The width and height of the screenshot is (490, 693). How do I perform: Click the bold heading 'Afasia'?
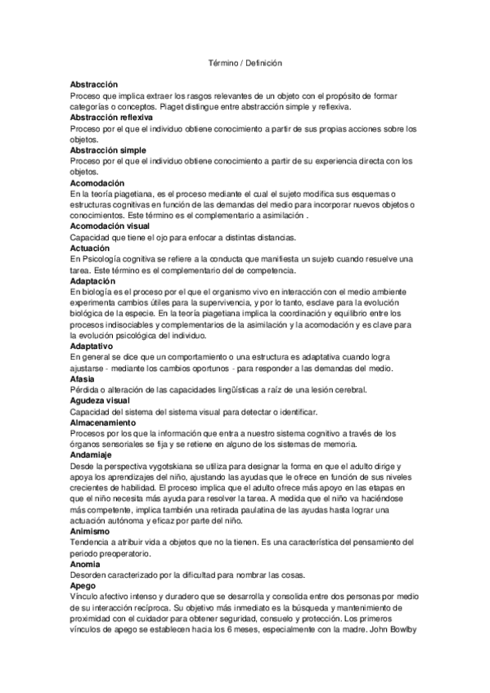pos(83,378)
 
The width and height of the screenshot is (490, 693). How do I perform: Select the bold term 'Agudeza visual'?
pos(100,400)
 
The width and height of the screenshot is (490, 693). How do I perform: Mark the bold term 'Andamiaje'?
pos(91,455)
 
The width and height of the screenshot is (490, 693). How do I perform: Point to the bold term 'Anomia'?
pos(85,564)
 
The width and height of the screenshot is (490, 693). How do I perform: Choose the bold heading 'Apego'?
pos(83,586)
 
